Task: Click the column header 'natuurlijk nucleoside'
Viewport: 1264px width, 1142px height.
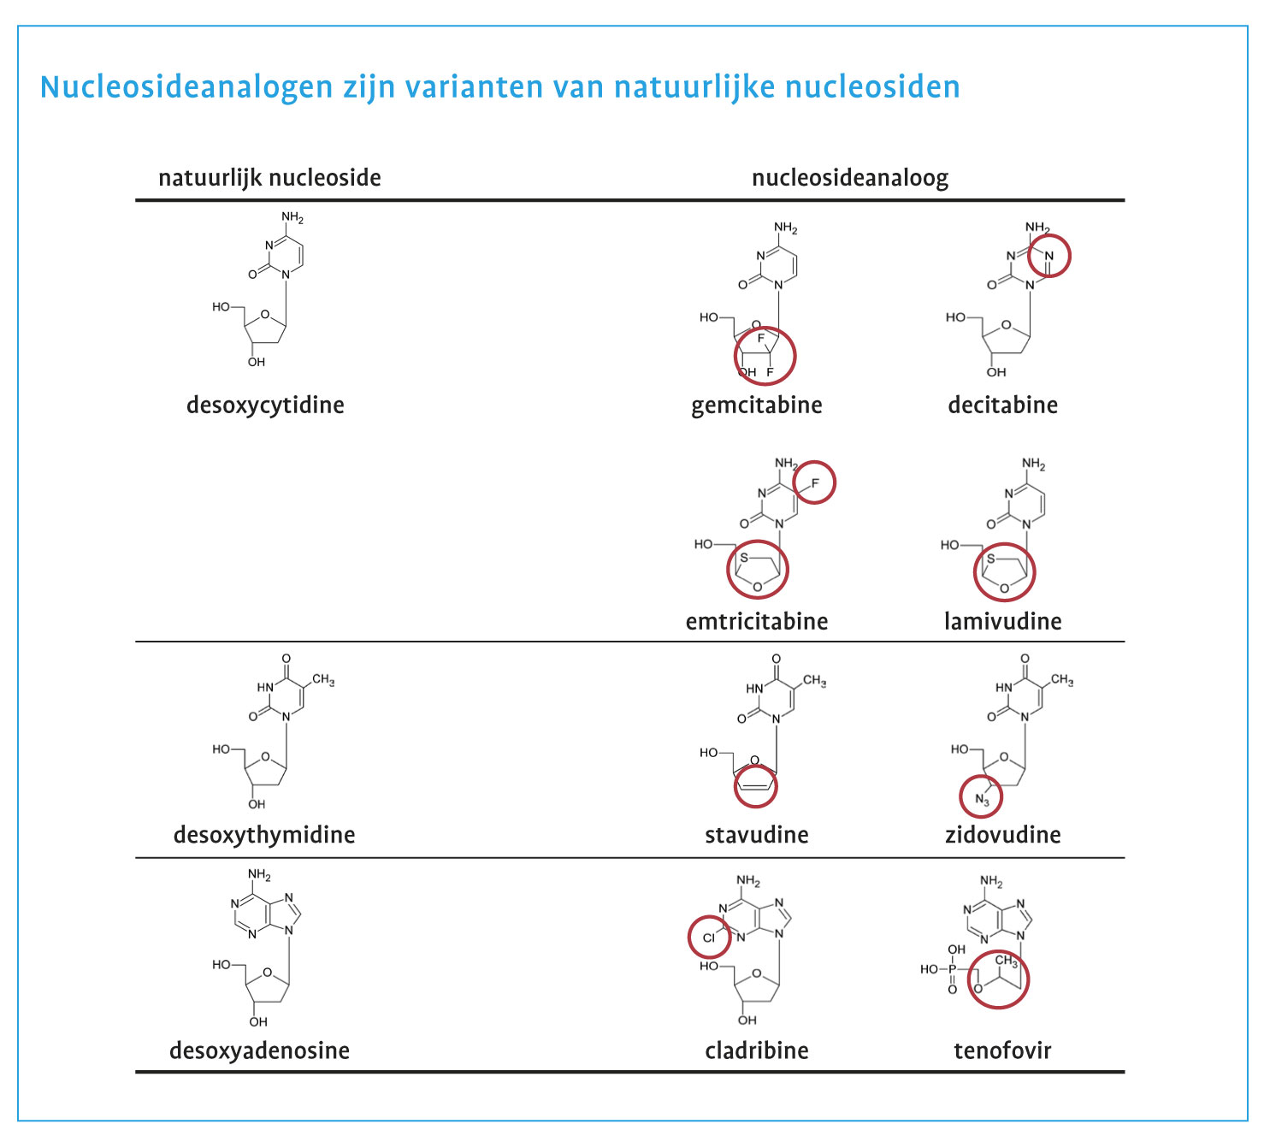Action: [269, 178]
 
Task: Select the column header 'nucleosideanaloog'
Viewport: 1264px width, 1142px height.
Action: [849, 178]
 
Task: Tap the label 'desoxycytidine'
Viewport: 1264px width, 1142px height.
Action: [265, 405]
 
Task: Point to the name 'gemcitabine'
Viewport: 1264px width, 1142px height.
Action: [756, 405]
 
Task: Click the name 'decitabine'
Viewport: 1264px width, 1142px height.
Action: [1002, 405]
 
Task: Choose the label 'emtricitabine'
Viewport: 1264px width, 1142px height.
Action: [756, 621]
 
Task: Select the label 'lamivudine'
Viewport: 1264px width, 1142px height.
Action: [1002, 621]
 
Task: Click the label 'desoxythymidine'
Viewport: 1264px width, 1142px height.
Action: [264, 835]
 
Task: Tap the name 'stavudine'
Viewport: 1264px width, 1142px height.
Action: [756, 835]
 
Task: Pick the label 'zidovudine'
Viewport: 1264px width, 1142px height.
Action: [1002, 835]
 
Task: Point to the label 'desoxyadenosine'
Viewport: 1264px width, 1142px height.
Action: [259, 1050]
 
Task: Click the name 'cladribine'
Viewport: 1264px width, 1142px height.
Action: [756, 1050]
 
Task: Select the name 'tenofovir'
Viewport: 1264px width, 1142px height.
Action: [1002, 1050]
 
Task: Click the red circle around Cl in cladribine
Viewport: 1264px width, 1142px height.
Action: [709, 938]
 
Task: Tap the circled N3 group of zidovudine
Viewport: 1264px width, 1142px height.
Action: [981, 798]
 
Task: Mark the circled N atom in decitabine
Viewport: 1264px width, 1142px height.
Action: [1048, 256]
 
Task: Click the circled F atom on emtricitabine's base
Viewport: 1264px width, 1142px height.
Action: [813, 483]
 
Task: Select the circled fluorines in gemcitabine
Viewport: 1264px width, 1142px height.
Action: [765, 355]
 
